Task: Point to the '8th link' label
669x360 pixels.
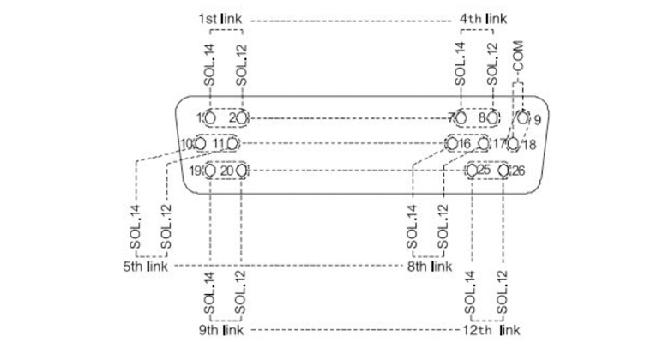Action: click(x=430, y=267)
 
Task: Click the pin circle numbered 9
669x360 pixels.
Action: click(x=523, y=117)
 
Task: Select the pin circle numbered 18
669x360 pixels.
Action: click(x=513, y=144)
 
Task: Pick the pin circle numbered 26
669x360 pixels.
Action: click(x=503, y=171)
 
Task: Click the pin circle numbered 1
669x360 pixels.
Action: click(x=208, y=117)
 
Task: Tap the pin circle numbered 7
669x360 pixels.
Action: click(x=461, y=117)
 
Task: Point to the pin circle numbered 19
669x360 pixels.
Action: click(x=208, y=171)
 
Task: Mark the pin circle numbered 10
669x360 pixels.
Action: click(x=200, y=143)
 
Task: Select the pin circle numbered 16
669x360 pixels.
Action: click(x=451, y=143)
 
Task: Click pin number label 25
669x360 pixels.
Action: click(x=485, y=170)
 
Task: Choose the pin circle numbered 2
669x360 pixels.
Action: click(x=242, y=117)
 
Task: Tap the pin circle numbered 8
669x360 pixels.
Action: click(x=492, y=117)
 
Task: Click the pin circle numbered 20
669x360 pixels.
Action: click(x=241, y=171)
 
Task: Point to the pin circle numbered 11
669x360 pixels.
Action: click(x=232, y=143)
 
